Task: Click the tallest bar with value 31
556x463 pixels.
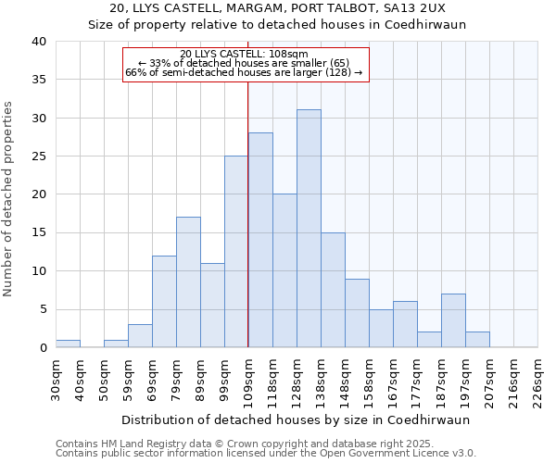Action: (309, 229)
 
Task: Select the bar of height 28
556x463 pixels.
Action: (260, 240)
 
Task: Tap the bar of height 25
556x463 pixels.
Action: (236, 252)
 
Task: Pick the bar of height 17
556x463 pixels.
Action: (188, 282)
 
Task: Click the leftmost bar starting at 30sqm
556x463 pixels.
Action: (68, 344)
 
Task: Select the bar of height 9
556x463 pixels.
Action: (357, 313)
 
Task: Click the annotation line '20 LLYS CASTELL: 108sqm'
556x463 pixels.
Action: (245, 54)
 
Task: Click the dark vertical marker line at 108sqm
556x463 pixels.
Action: (247, 213)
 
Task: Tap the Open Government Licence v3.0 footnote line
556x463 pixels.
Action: (265, 454)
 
